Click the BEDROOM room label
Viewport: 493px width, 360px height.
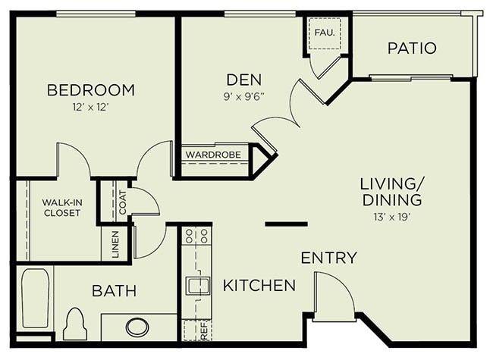click(90, 90)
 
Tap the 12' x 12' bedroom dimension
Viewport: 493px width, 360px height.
click(90, 108)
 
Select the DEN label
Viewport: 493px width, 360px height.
click(243, 79)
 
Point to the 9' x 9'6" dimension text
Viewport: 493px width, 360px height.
click(243, 96)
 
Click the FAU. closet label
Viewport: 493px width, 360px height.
click(325, 33)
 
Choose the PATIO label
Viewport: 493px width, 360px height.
click(412, 49)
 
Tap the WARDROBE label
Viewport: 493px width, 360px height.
click(214, 155)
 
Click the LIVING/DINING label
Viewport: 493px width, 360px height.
click(391, 192)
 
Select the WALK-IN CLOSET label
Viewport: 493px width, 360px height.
click(61, 208)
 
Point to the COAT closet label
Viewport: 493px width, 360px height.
click(122, 202)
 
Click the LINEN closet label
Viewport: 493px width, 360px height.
click(115, 244)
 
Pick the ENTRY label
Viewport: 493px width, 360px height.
click(328, 258)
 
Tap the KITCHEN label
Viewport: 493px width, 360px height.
click(259, 286)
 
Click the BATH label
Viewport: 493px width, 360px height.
click(115, 290)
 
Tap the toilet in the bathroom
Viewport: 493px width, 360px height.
click(75, 324)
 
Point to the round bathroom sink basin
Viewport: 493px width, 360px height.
click(137, 327)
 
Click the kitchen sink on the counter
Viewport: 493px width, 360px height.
click(196, 286)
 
